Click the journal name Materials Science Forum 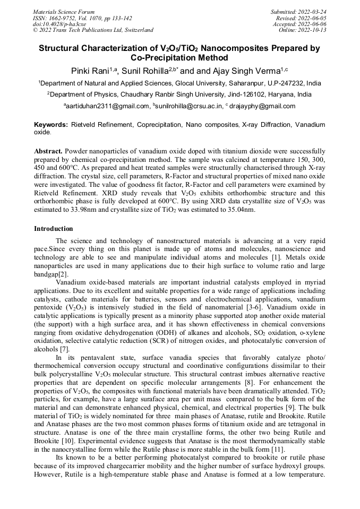click(64, 11)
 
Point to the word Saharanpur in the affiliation click(239, 83)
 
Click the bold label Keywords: click(51, 124)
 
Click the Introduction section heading click(54, 229)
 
